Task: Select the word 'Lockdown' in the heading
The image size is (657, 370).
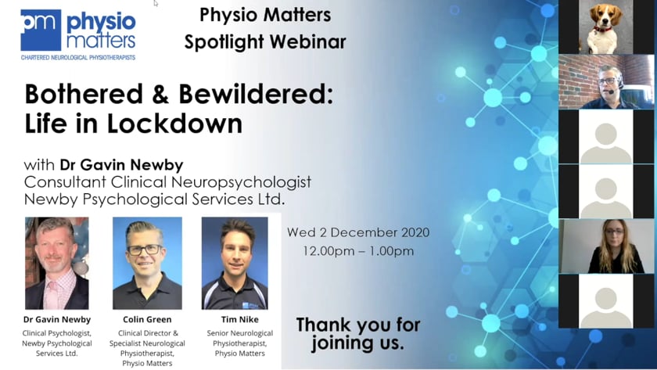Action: point(174,124)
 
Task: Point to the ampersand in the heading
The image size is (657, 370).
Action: point(160,94)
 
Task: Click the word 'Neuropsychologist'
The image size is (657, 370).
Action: point(241,182)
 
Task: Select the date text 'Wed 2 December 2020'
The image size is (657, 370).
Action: point(358,232)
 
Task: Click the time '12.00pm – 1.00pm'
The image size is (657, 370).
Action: point(358,251)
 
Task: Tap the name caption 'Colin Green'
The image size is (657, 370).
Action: point(147,319)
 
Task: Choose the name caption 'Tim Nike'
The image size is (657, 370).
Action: point(239,319)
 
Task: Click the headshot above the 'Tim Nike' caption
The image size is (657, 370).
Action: point(235,263)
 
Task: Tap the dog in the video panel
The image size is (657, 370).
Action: point(605,26)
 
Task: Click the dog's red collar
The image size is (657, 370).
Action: point(602,29)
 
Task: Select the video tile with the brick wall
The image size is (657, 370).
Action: point(606,81)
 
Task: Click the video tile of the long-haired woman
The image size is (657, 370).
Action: point(606,246)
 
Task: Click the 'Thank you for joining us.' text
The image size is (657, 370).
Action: point(358,333)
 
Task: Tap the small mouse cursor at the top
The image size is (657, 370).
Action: point(156,3)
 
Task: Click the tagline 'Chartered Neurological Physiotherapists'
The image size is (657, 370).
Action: point(78,57)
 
